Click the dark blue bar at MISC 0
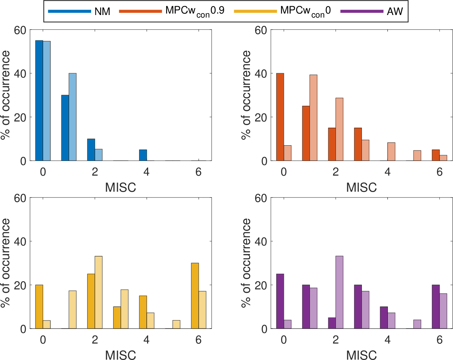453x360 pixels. (39, 101)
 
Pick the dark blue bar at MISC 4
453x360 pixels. (143, 155)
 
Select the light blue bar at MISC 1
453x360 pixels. (72, 117)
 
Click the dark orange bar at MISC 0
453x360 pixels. (280, 117)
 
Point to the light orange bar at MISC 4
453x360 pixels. (391, 151)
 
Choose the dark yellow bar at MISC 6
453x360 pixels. (195, 296)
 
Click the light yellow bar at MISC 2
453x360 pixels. (98, 292)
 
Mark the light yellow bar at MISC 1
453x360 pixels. (72, 310)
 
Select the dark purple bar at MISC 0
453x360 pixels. (280, 301)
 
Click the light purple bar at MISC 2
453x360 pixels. (339, 292)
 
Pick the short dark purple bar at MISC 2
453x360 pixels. (332, 323)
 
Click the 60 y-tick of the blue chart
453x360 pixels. (20, 30)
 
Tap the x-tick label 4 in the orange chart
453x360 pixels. (388, 172)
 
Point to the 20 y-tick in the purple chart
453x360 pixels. (261, 285)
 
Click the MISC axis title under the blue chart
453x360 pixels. (120, 188)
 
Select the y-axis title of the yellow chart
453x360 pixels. (5, 263)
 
